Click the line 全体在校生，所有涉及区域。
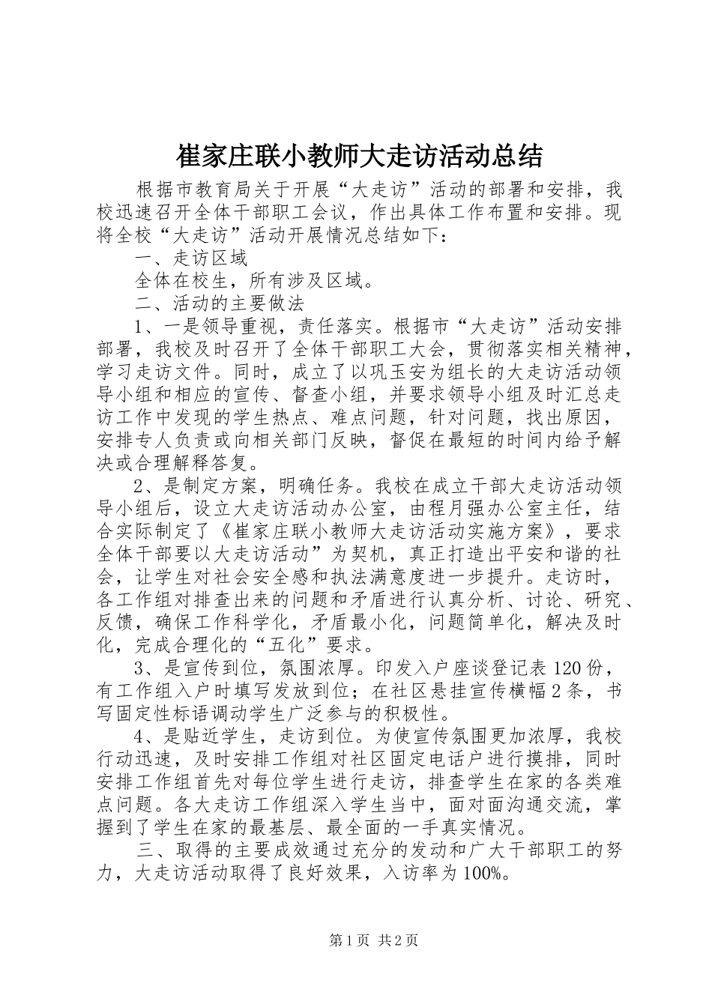coord(255,281)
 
